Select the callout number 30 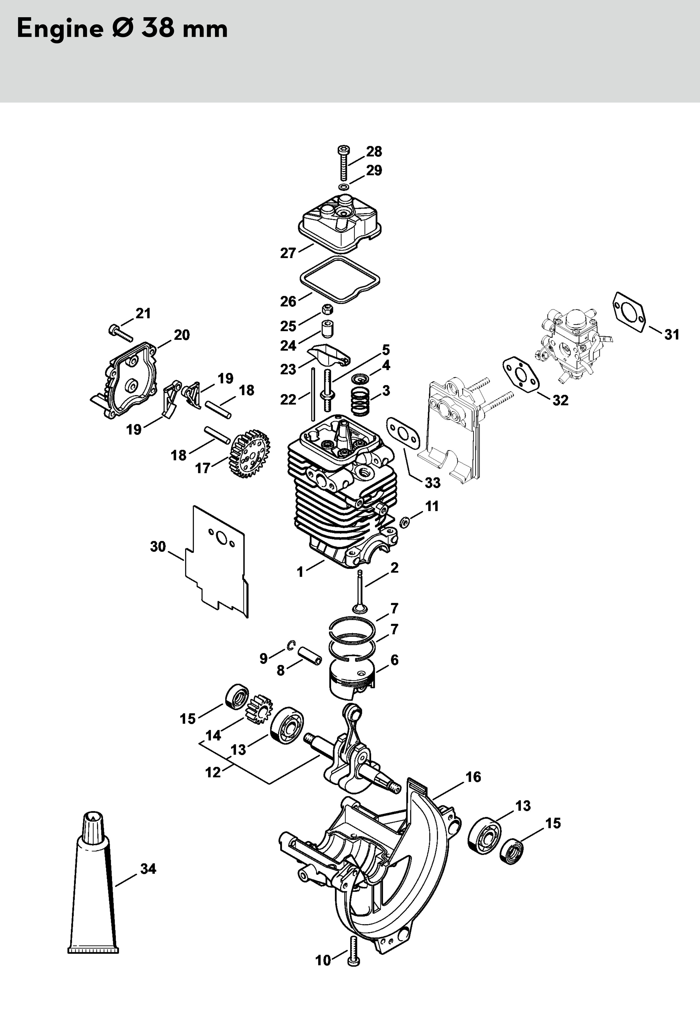[158, 547]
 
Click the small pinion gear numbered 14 [260, 709]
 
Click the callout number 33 [433, 483]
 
